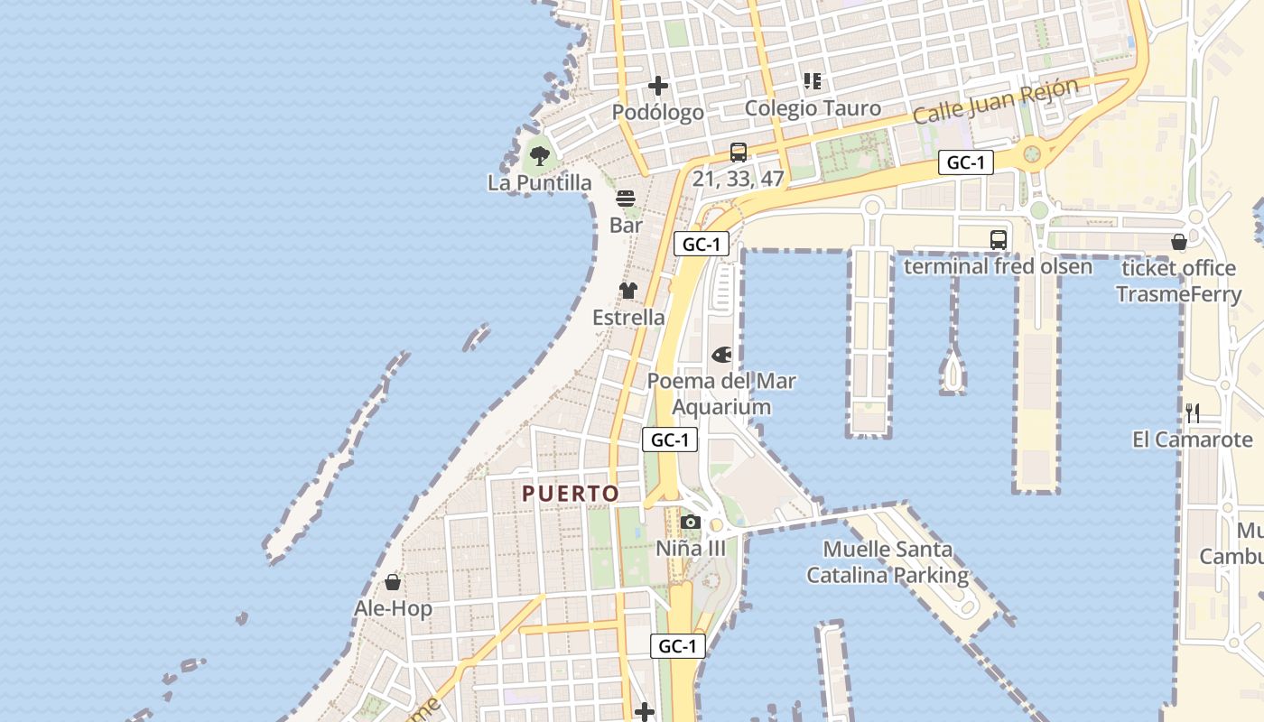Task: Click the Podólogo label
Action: click(658, 113)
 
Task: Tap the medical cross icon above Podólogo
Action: click(658, 86)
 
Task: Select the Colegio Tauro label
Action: click(813, 108)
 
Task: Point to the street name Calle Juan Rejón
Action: click(995, 102)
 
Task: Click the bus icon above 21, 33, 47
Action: click(739, 152)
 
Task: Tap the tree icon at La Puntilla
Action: click(539, 155)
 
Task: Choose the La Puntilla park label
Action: click(540, 183)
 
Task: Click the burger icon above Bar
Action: click(626, 199)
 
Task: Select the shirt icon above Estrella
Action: click(628, 291)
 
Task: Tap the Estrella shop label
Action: click(628, 318)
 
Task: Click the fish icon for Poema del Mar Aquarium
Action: click(721, 355)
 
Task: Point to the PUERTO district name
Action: click(571, 494)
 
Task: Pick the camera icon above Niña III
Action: click(691, 522)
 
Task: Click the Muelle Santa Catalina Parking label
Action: click(888, 562)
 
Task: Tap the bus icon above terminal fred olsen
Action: click(998, 240)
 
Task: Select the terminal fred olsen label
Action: click(998, 267)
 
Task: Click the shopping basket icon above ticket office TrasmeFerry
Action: click(1178, 242)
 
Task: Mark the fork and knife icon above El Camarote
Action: click(1193, 413)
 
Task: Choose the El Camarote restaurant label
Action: click(1193, 440)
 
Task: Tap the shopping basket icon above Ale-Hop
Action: click(393, 582)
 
